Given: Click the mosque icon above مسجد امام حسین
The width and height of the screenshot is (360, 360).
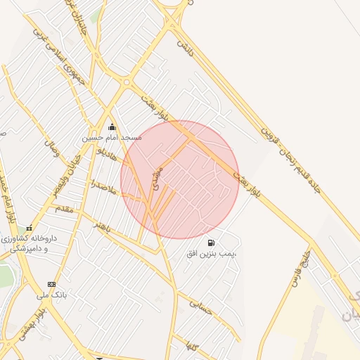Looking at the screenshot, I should [112, 127].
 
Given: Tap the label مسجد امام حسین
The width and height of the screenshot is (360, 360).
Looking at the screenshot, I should [112, 138].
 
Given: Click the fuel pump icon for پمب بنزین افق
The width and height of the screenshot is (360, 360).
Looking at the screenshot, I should [212, 243].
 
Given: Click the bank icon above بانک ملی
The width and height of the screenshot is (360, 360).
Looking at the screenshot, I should [50, 284].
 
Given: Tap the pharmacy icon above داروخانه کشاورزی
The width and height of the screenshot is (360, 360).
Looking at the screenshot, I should [29, 229].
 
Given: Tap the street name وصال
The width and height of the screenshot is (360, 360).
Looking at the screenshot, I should [51, 146].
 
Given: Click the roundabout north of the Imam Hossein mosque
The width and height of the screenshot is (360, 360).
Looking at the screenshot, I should [126, 82].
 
